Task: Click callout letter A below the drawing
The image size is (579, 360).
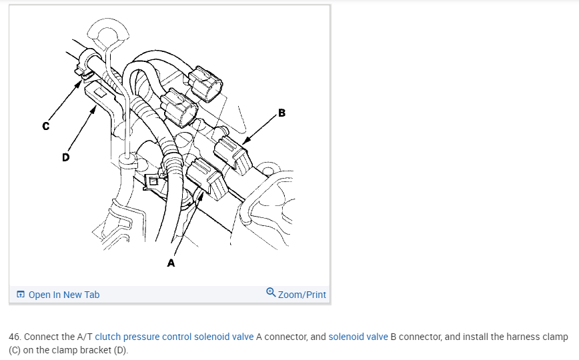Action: tap(171, 263)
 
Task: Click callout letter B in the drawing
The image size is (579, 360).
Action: tap(281, 113)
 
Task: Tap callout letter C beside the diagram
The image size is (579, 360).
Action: tap(45, 125)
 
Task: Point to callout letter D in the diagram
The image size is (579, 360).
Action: tap(65, 157)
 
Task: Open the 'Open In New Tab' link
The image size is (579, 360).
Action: tap(64, 294)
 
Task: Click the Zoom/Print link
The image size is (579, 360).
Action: tap(302, 294)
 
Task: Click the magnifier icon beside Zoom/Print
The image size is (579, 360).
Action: tap(270, 293)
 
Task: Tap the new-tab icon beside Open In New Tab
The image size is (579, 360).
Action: tap(21, 294)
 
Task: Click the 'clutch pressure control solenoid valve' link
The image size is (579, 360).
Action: tap(174, 337)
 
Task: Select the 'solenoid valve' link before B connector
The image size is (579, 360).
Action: tap(358, 337)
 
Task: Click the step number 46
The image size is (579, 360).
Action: tap(15, 337)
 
